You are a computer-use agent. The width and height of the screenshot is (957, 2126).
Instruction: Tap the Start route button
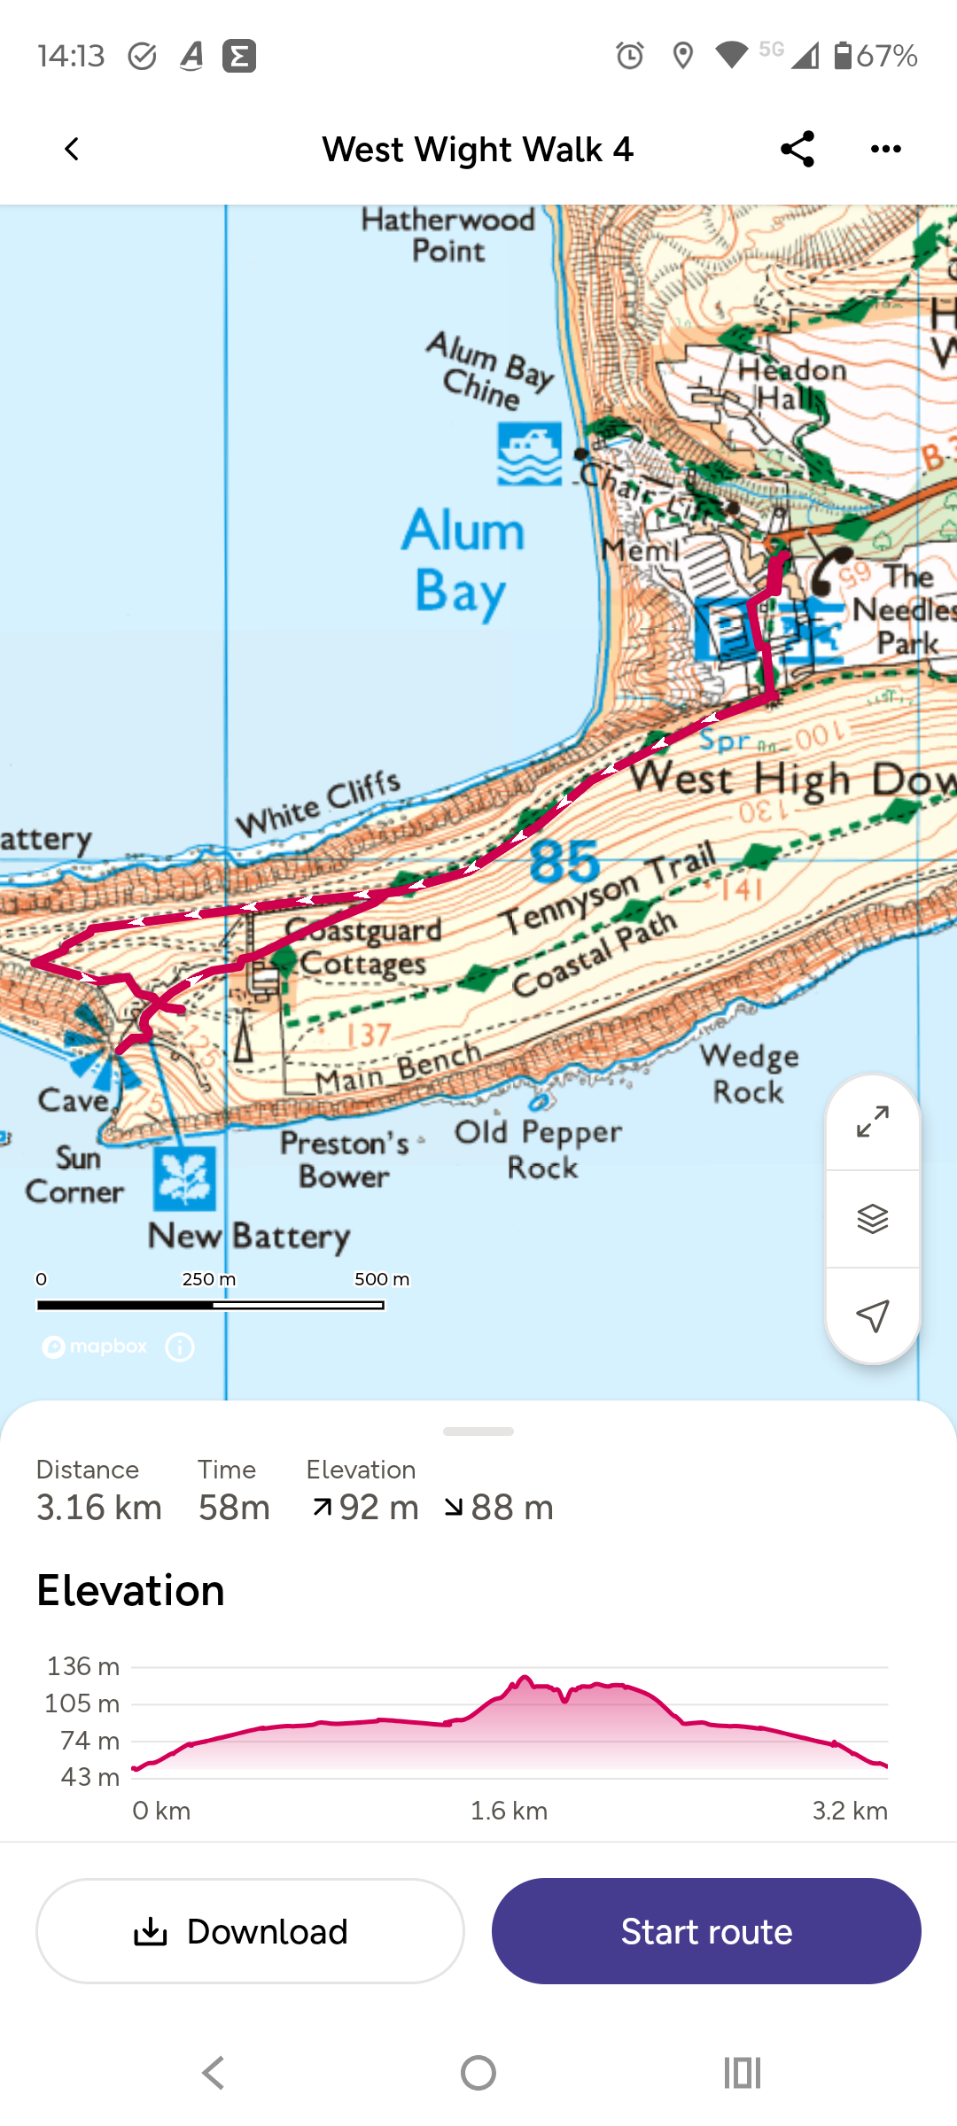tap(706, 1931)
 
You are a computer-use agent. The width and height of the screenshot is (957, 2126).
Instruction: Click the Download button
tap(250, 1931)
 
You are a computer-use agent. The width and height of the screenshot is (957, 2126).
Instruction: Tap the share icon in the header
tap(797, 149)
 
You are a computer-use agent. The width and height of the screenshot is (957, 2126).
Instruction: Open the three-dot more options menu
tap(886, 149)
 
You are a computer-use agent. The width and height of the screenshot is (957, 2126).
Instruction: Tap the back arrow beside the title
tap(72, 149)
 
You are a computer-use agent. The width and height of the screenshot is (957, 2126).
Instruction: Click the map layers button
tap(873, 1219)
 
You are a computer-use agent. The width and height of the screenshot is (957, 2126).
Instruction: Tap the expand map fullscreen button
tap(873, 1122)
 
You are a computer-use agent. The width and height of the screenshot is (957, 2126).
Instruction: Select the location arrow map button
tap(873, 1315)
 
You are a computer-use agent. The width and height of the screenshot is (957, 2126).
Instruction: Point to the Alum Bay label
tap(463, 561)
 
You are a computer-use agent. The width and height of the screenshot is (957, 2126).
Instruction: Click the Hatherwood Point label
tap(448, 235)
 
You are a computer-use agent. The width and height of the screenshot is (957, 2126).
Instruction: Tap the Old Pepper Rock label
tap(539, 1150)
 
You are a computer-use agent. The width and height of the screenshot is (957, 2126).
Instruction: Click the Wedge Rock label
tap(750, 1074)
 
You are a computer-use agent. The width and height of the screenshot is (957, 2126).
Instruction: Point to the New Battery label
tap(249, 1236)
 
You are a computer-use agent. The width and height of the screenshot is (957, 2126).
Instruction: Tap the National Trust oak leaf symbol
tap(184, 1178)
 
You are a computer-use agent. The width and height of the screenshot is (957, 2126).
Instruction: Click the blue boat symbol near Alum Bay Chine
tap(529, 454)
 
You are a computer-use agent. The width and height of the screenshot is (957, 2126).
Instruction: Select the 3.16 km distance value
tap(99, 1508)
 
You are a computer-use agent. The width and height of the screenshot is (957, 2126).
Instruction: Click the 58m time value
tap(234, 1508)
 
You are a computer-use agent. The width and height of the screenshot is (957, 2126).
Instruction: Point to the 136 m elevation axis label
tap(83, 1666)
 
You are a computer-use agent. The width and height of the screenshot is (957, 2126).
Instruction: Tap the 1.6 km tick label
tap(509, 1811)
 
